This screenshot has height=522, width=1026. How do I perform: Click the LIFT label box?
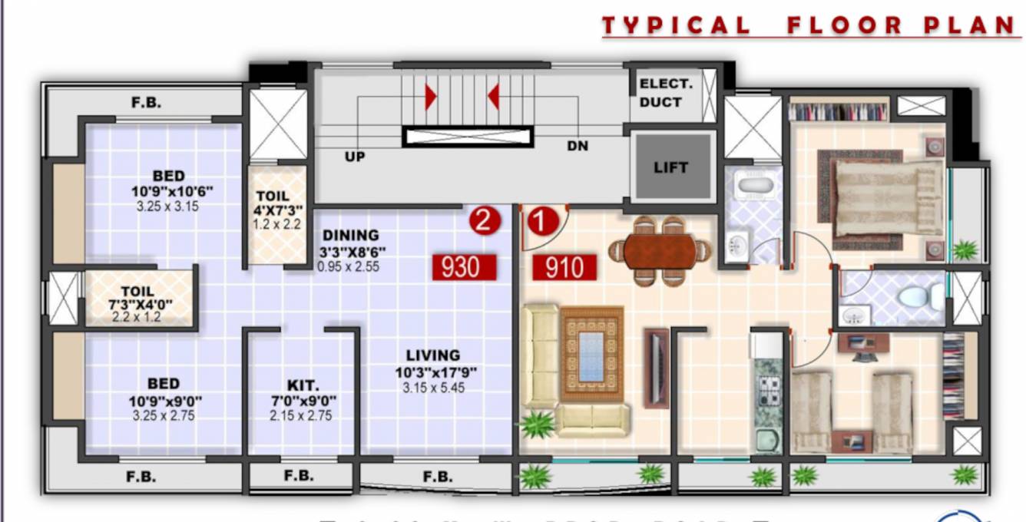(670, 167)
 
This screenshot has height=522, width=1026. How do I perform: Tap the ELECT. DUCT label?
(665, 93)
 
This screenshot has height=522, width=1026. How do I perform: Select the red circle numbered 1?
(543, 222)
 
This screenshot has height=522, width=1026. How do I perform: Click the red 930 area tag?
(464, 267)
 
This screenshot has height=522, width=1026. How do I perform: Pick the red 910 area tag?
(564, 268)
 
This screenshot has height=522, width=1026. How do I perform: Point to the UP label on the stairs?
(355, 157)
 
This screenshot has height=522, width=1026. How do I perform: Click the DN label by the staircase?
(578, 146)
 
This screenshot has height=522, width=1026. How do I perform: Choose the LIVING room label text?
(433, 355)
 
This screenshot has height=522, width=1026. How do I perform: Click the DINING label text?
(350, 236)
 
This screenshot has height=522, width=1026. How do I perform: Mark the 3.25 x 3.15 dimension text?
(166, 206)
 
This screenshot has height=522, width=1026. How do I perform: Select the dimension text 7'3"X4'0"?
(142, 305)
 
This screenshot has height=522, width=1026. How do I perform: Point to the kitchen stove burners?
(768, 391)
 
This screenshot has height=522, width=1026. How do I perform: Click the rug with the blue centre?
(591, 355)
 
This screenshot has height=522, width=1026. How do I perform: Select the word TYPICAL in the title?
(676, 25)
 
